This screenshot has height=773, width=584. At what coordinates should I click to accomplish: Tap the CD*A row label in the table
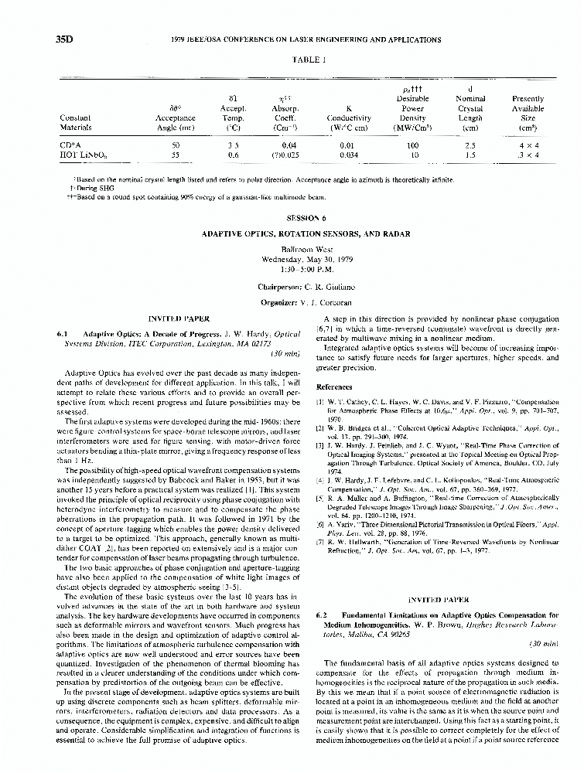coord(70,145)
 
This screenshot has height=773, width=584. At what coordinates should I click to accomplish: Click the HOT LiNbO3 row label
coord(80,155)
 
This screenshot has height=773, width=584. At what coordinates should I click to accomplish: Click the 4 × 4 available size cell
coord(528,145)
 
